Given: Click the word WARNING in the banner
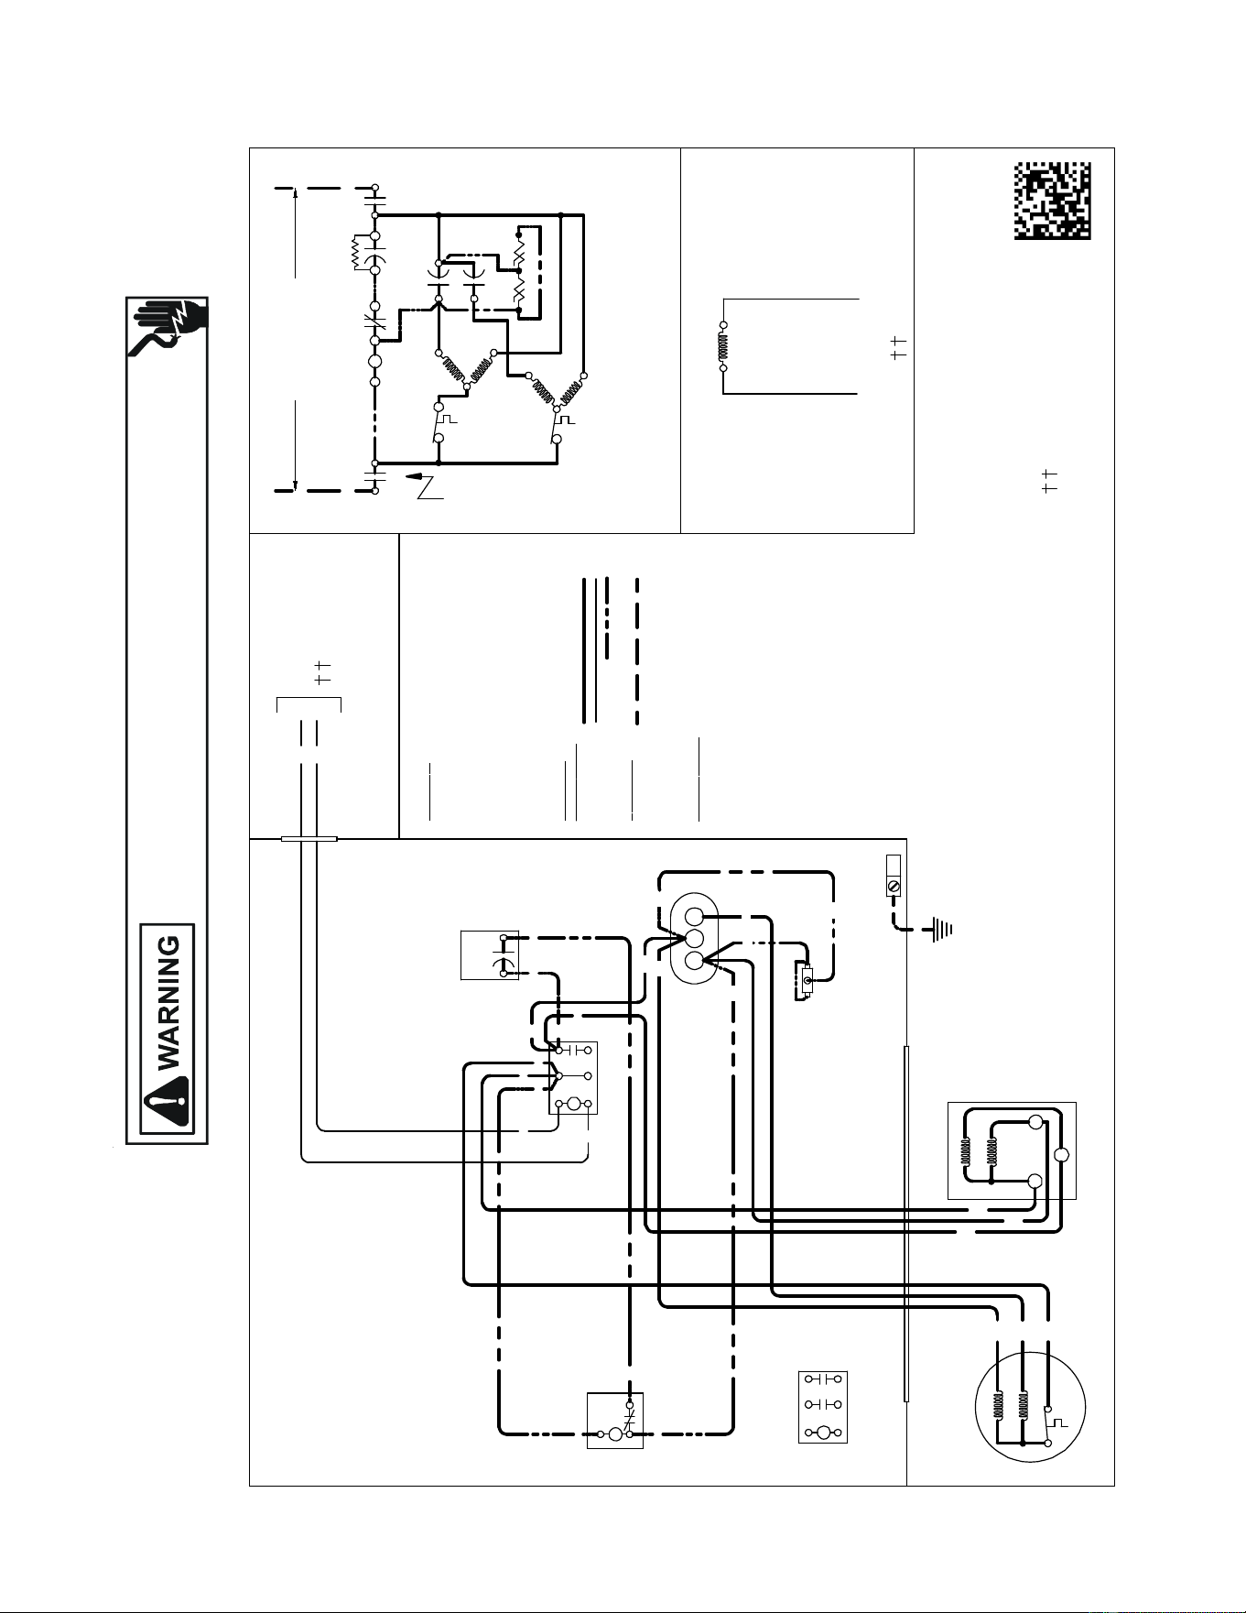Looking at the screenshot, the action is click(x=170, y=1003).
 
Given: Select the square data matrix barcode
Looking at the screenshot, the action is click(x=1052, y=201).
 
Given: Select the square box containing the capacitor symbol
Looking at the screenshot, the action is click(x=490, y=954).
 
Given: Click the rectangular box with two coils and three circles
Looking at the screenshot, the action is click(x=1012, y=1150).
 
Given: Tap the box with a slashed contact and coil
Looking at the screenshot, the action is click(x=615, y=1421).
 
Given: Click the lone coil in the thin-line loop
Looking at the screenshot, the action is click(x=723, y=346).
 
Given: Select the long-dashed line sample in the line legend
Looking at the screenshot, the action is click(x=636, y=650).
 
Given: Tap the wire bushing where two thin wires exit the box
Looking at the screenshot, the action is click(x=309, y=838).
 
